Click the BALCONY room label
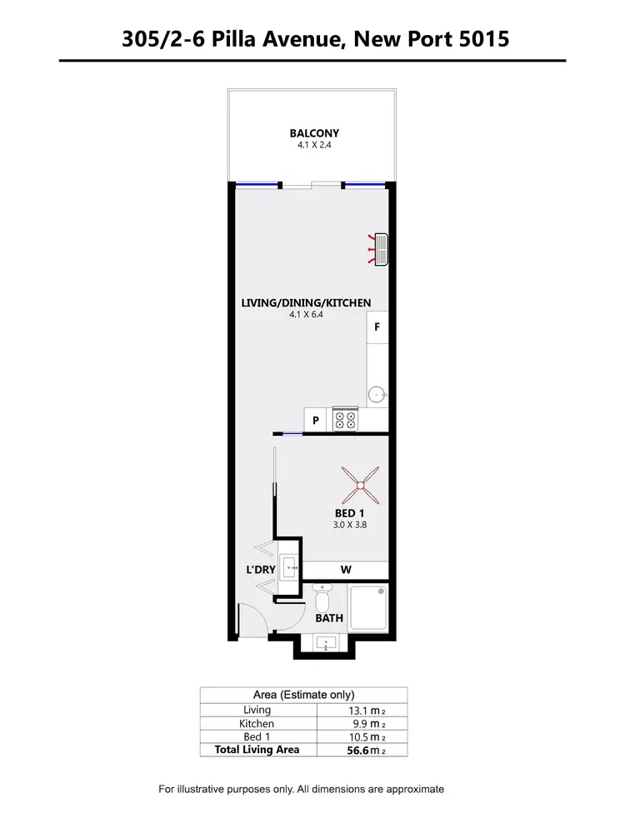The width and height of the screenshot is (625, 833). coord(314,133)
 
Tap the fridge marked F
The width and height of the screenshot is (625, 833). coord(377,327)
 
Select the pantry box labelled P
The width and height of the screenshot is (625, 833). coord(316,421)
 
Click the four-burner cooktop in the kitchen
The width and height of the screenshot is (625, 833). coord(345,419)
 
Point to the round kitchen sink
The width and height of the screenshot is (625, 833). coord(377,394)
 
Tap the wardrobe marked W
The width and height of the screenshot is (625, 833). coord(345,571)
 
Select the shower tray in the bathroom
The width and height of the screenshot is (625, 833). coord(367,607)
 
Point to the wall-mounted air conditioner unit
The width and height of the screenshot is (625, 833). coord(382,248)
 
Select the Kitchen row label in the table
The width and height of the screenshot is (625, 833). coord(257,724)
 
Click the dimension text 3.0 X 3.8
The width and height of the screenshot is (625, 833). coord(350,526)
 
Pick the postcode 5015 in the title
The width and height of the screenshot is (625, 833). coord(483,38)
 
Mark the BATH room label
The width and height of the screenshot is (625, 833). coord(328,619)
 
